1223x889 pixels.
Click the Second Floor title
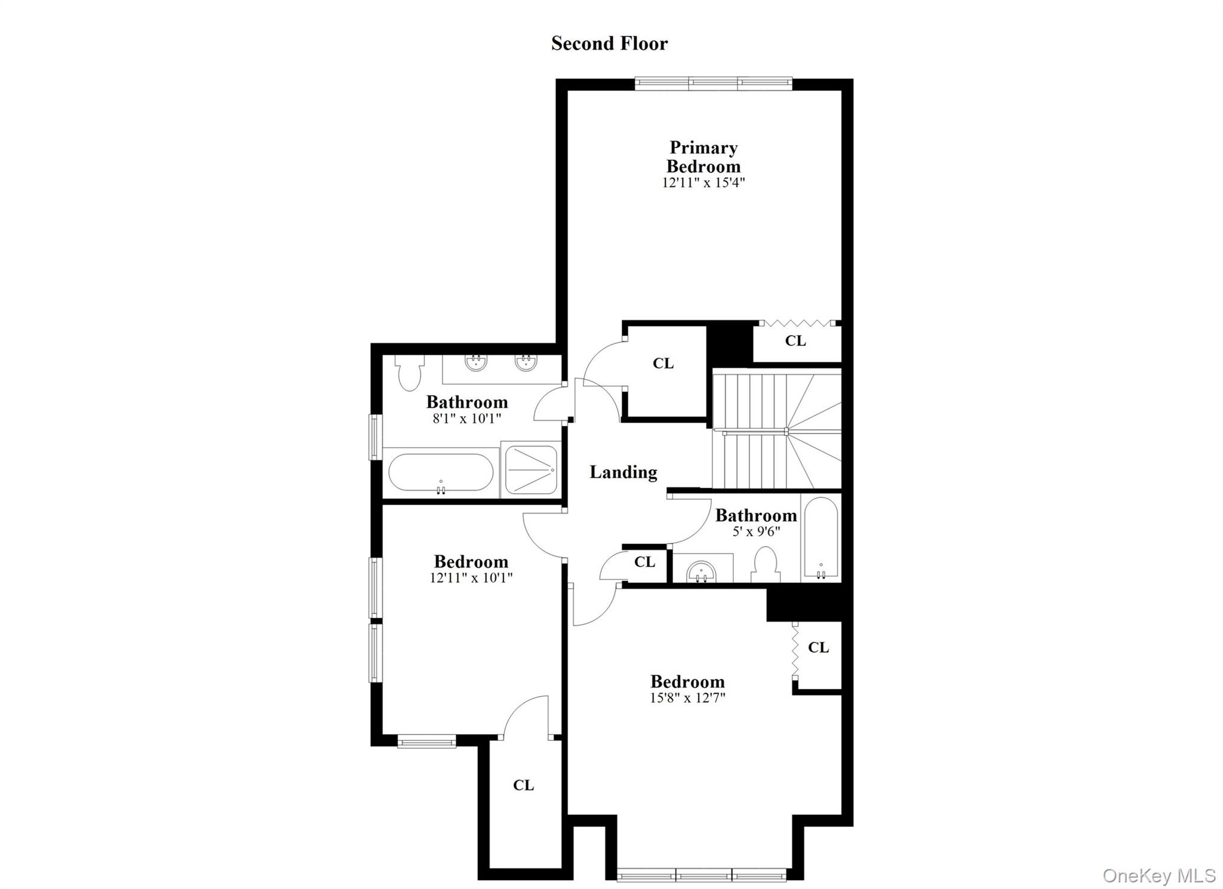(609, 44)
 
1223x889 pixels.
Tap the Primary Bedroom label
(703, 156)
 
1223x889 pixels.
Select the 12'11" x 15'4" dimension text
(703, 182)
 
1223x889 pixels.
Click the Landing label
(623, 472)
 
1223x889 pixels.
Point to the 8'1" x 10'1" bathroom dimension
(467, 419)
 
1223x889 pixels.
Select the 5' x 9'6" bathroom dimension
(756, 531)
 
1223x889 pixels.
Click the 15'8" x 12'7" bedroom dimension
(687, 697)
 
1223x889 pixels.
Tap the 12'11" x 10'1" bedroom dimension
(471, 578)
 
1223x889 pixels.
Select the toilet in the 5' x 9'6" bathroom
(766, 565)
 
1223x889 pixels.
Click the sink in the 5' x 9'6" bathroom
(702, 571)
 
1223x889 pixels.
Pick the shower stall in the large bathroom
(531, 470)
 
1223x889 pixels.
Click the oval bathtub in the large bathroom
(441, 473)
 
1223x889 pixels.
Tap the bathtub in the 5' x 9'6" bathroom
(821, 537)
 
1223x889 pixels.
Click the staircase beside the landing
(776, 430)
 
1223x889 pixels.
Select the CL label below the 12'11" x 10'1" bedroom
(523, 785)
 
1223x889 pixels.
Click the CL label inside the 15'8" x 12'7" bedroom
(818, 647)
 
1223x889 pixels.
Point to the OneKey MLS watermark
(1159, 875)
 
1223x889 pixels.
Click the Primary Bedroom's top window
(714, 84)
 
